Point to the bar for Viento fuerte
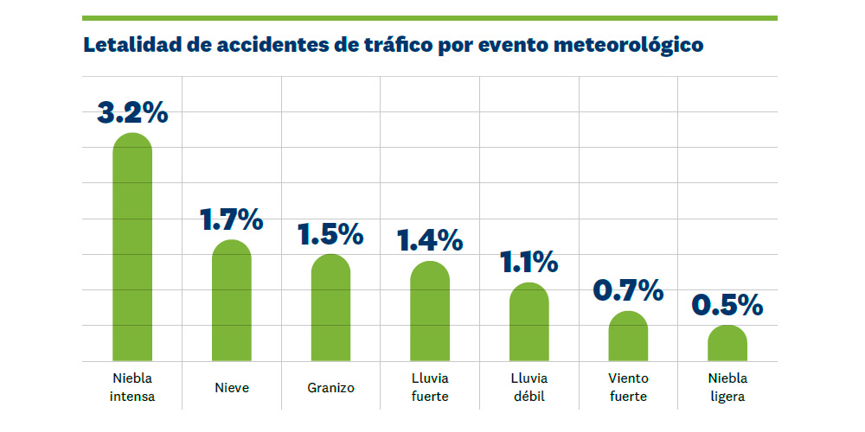coord(628,336)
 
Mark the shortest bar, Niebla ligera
coord(727,343)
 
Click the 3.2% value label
coord(132,112)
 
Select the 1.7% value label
coord(232,219)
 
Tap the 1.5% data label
coord(330,233)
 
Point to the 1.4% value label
coord(430,240)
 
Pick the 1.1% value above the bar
coord(529,262)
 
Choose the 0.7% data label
coord(628,290)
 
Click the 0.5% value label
coord(727,304)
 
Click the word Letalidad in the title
coord(131,45)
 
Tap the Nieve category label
coord(232,388)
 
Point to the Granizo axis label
coord(330,388)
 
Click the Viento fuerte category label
coord(628,388)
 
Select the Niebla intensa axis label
coord(132,388)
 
